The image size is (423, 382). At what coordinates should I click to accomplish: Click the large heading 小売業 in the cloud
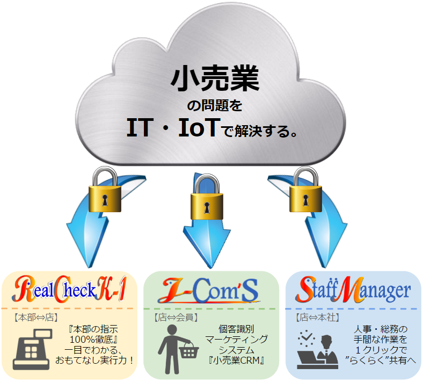click(215, 78)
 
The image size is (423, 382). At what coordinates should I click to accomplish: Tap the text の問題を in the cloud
click(215, 105)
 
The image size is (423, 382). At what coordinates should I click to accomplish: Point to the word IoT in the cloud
click(198, 127)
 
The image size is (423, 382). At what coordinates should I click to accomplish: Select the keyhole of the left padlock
click(105, 200)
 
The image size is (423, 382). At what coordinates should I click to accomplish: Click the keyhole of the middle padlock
click(207, 207)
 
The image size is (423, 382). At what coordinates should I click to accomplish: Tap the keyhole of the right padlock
click(305, 200)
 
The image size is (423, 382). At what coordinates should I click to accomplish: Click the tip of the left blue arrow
click(89, 267)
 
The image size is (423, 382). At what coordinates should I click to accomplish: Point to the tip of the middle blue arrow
click(210, 268)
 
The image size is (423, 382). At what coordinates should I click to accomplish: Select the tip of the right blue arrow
click(325, 267)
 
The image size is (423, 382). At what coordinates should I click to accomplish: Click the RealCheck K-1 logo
click(69, 289)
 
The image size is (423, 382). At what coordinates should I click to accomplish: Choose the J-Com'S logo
click(209, 291)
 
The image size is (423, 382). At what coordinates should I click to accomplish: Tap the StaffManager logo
click(353, 290)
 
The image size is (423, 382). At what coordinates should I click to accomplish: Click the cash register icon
click(32, 349)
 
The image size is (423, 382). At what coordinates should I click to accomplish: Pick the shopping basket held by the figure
click(188, 350)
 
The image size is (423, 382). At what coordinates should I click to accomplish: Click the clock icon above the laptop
click(307, 338)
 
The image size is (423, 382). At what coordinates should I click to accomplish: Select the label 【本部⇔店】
click(36, 318)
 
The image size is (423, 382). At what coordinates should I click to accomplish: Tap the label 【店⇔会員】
click(176, 318)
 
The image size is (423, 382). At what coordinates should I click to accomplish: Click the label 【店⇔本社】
click(318, 318)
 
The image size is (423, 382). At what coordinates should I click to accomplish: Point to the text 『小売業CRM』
click(236, 361)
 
